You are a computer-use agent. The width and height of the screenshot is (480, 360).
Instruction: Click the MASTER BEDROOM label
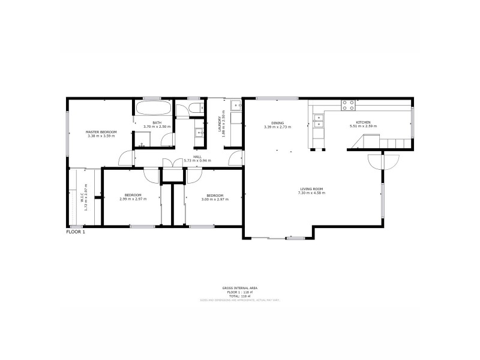tap(101, 131)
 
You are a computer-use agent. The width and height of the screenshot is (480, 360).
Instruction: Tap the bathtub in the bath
tap(154, 110)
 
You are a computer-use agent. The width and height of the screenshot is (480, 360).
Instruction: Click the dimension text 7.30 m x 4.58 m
tap(312, 193)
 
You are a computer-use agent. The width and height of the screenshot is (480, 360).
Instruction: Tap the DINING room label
tap(277, 123)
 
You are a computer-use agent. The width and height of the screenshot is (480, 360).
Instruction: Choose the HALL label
tap(197, 157)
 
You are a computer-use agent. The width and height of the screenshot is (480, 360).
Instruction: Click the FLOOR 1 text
tap(76, 232)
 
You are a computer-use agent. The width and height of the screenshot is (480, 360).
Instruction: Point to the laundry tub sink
tap(236, 106)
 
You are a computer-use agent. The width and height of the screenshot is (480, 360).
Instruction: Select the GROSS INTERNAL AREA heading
tap(239, 288)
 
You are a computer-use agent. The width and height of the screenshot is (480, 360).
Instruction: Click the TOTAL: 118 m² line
tap(239, 296)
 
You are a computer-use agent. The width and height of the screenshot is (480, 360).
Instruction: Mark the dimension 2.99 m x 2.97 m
tap(133, 199)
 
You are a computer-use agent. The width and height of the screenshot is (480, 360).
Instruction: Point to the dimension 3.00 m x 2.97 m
tap(215, 199)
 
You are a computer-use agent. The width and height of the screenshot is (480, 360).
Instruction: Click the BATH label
tap(157, 123)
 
